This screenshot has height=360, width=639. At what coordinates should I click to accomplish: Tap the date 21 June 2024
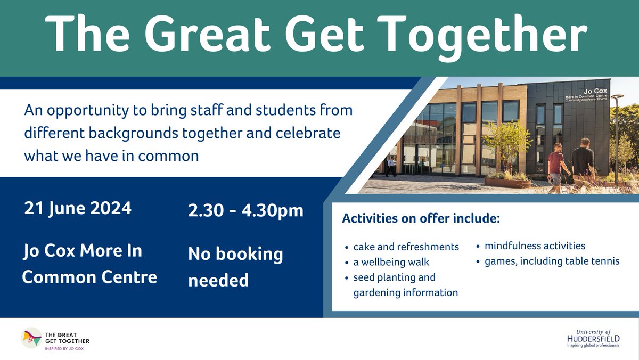pyautogui.click(x=78, y=208)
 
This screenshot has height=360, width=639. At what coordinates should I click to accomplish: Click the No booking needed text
pyautogui.click(x=235, y=267)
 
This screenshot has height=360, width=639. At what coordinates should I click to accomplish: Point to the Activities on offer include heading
pyautogui.click(x=421, y=219)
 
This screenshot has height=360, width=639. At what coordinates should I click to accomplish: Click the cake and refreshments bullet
pyautogui.click(x=406, y=247)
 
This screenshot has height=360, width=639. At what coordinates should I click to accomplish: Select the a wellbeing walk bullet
pyautogui.click(x=391, y=262)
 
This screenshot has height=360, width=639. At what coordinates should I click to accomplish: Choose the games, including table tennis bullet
pyautogui.click(x=552, y=261)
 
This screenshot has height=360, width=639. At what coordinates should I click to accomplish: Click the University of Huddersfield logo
pyautogui.click(x=593, y=338)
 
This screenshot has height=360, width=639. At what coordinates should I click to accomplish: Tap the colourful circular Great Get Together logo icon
pyautogui.click(x=32, y=338)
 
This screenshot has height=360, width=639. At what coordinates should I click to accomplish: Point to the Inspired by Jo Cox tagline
pyautogui.click(x=64, y=348)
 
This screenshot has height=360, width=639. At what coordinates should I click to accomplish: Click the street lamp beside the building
pyautogui.click(x=617, y=133)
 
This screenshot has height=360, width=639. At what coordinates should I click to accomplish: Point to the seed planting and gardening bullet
pyautogui.click(x=405, y=285)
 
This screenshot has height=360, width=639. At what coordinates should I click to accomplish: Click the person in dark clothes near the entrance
pyautogui.click(x=391, y=166)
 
